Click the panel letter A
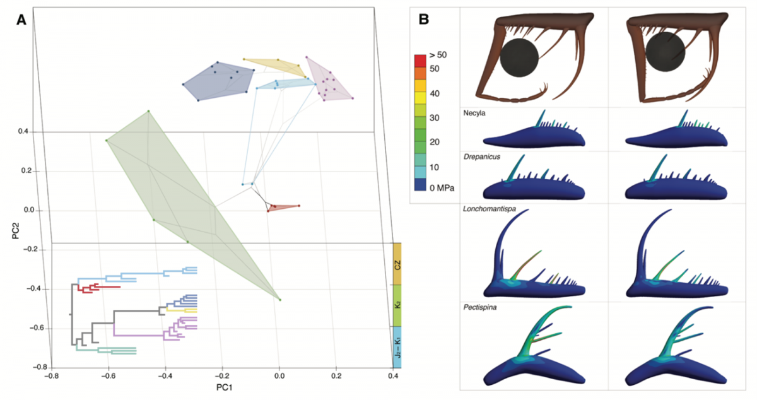click(21, 20)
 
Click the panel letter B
click(425, 20)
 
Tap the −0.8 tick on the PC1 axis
click(52, 377)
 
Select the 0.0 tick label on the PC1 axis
click(279, 377)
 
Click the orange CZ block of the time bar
click(397, 262)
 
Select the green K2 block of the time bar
click(397, 305)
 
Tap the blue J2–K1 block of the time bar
click(397, 348)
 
